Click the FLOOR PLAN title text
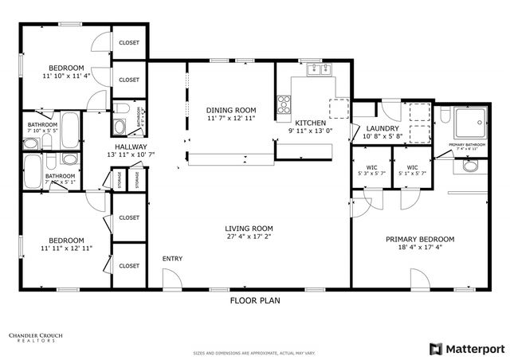254,301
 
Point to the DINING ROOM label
230,110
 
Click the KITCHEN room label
310,123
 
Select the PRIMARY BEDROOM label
420,239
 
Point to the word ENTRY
173,259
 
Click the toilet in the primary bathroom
469,166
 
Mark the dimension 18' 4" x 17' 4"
420,248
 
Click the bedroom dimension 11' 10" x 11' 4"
66,76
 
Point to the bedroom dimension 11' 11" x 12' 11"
66,248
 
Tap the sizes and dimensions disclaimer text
254,351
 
